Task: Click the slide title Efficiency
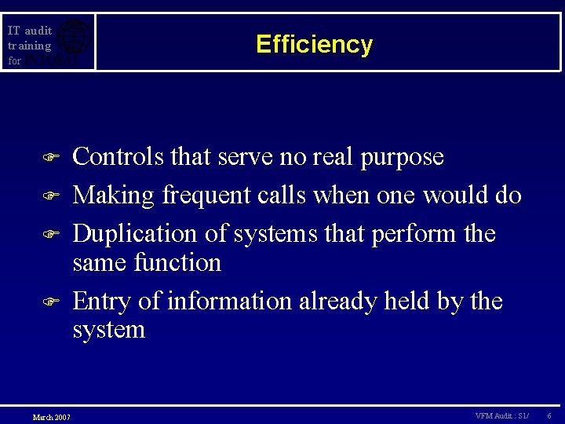click(314, 44)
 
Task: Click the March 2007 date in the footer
click(51, 416)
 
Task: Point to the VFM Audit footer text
click(501, 415)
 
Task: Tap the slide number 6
click(549, 415)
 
